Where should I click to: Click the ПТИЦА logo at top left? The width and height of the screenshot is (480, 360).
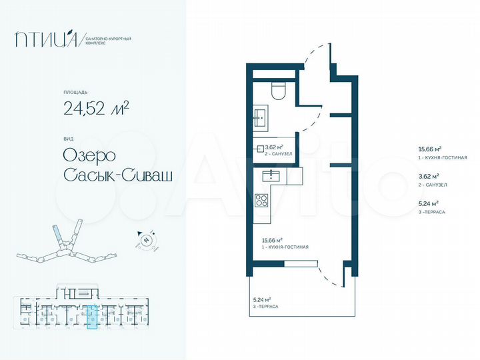click(48, 40)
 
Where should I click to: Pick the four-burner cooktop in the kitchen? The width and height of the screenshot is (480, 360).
click(262, 199)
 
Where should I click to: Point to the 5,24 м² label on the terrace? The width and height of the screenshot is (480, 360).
click(263, 299)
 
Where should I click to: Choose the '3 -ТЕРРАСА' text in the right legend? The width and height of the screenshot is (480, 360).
click(431, 211)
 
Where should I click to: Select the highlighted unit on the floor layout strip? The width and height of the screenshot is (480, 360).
click(93, 317)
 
